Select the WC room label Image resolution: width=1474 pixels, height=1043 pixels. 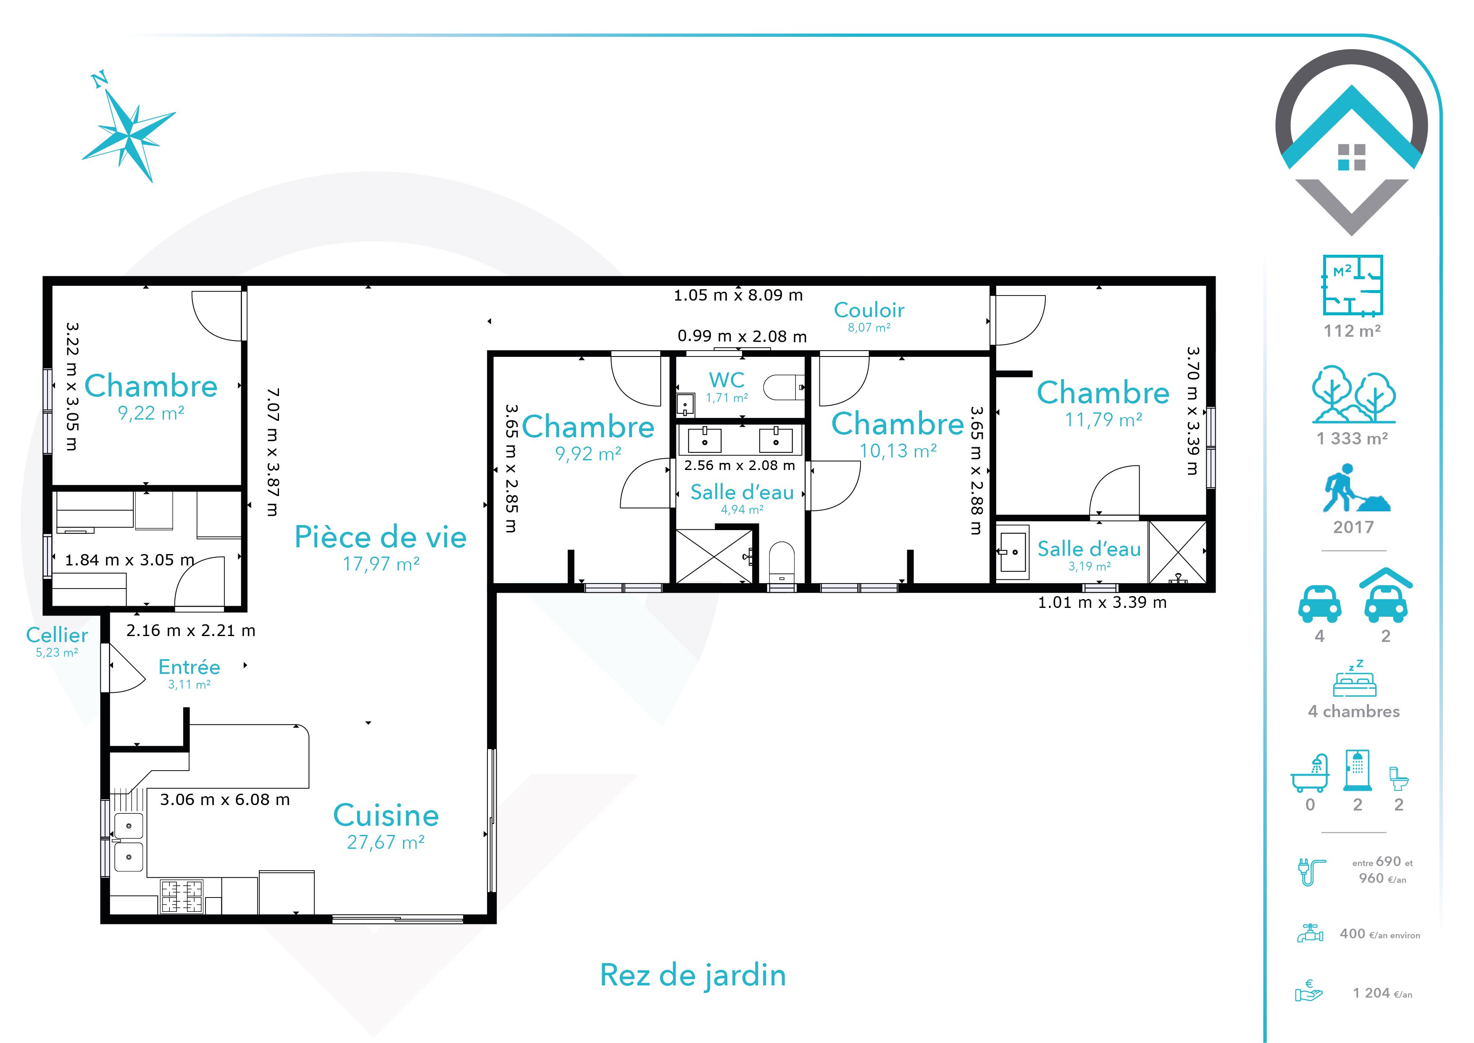pyautogui.click(x=727, y=380)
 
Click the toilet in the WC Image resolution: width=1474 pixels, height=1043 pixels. pyautogui.click(x=783, y=387)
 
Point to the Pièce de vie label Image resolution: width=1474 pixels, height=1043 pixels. pyautogui.click(x=380, y=537)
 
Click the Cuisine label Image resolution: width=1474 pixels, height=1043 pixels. pyautogui.click(x=386, y=816)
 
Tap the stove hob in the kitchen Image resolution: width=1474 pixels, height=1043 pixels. pyautogui.click(x=182, y=896)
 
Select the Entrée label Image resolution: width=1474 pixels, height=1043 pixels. pyautogui.click(x=190, y=667)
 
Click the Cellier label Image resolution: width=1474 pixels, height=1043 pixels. pyautogui.click(x=57, y=635)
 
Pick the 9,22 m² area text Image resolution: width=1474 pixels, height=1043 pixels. pyautogui.click(x=151, y=413)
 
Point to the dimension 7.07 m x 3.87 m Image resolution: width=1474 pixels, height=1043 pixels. pyautogui.click(x=272, y=452)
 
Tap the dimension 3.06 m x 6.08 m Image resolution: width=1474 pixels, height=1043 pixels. pyautogui.click(x=225, y=800)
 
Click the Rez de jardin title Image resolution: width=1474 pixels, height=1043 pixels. pyautogui.click(x=693, y=975)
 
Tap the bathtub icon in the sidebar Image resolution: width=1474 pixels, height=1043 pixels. pyautogui.click(x=1310, y=773)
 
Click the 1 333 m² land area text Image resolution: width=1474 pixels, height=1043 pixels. pyautogui.click(x=1352, y=438)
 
